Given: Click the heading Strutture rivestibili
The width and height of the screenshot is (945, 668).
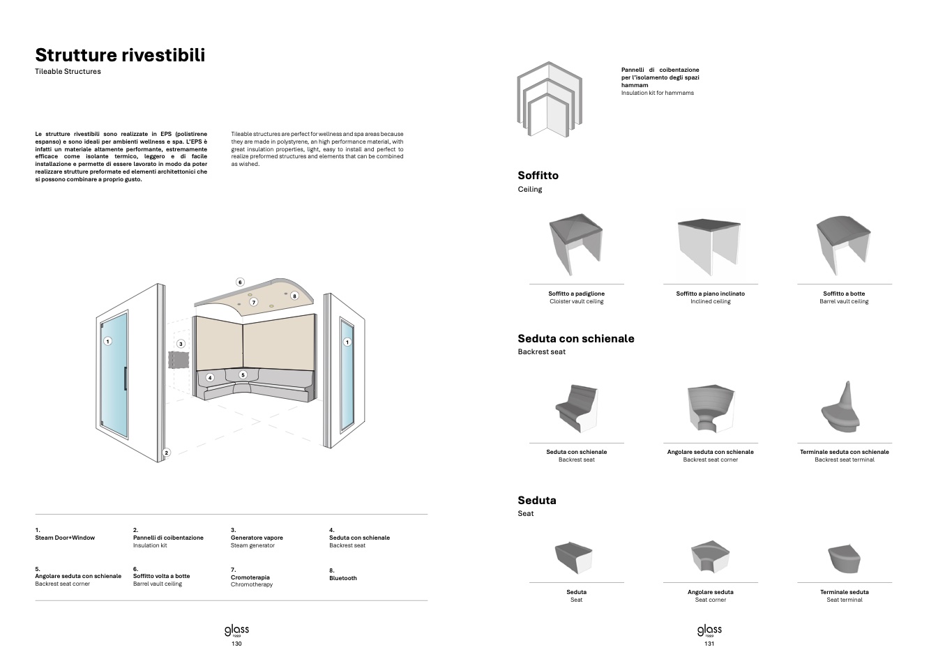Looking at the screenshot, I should (120, 55).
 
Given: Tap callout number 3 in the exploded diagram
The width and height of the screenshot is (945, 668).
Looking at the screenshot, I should (181, 344).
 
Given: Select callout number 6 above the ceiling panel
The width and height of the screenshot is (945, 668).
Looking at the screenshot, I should (240, 282).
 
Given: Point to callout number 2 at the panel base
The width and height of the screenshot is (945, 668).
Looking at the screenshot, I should (166, 453).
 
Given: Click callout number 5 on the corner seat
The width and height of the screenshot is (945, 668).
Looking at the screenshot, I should (243, 374).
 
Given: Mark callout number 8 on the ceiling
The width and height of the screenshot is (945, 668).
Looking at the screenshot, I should (294, 296).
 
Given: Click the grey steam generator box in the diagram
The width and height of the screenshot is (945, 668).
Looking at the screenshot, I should (179, 360).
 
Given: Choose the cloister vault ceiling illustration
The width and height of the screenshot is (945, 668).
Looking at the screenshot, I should (576, 244).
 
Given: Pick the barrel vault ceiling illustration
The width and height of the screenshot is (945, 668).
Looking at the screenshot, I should (844, 244).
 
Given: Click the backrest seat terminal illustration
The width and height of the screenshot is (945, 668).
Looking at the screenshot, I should (842, 408).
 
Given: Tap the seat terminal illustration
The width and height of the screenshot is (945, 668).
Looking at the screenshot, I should (844, 558).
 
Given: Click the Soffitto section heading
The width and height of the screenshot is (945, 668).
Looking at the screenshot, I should (538, 176).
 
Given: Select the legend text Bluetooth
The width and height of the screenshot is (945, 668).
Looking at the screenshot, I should (342, 578).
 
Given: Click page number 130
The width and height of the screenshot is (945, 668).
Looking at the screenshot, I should (236, 644).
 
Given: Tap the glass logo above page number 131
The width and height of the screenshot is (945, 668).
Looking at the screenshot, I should (709, 630).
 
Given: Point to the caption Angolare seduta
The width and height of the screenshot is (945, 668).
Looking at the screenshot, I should (710, 592).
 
